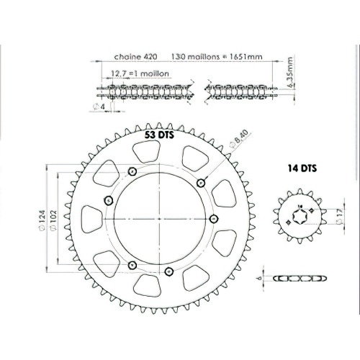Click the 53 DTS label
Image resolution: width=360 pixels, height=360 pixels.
click(160, 135)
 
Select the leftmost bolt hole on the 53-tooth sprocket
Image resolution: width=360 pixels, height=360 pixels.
click(109, 200)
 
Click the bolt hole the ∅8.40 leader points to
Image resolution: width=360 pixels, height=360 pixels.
click(200, 182)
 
